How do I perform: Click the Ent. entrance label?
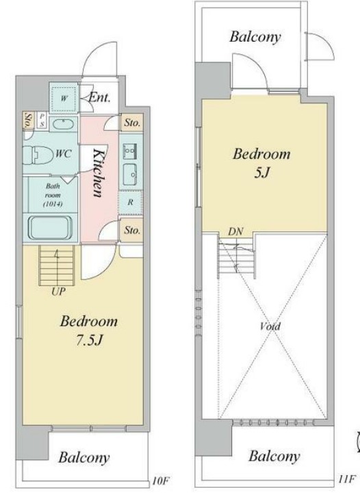pyautogui.click(x=99, y=97)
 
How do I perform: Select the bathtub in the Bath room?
pyautogui.click(x=51, y=227)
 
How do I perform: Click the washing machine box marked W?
pyautogui.click(x=64, y=98)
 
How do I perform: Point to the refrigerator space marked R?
pyautogui.click(x=130, y=203)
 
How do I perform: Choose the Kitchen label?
pyautogui.click(x=99, y=173)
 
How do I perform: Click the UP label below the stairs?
pyautogui.click(x=59, y=292)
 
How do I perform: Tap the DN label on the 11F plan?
pyautogui.click(x=235, y=231)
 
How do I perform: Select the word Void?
pyautogui.click(x=270, y=326)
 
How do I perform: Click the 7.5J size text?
pyautogui.click(x=89, y=340)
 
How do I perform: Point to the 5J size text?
pyautogui.click(x=262, y=173)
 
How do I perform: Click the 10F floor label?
pyautogui.click(x=161, y=481)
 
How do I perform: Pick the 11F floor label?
pyautogui.click(x=347, y=479)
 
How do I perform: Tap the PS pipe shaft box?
pyautogui.click(x=42, y=120)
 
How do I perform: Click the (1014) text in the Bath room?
pyautogui.click(x=53, y=204)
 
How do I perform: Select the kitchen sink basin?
pyautogui.click(x=130, y=175)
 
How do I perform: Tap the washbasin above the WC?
pyautogui.click(x=64, y=123)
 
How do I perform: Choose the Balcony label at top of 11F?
pyautogui.click(x=255, y=37)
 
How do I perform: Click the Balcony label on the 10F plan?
pyautogui.click(x=84, y=457)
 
